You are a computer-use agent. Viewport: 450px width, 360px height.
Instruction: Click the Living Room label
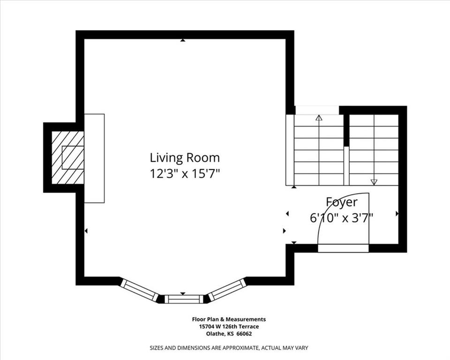pos(185,157)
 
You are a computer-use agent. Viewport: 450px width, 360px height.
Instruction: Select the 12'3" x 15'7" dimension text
pos(185,174)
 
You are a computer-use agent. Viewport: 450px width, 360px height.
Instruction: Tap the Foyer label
pos(342,202)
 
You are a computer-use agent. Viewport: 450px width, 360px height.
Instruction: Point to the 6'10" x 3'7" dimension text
pos(341,218)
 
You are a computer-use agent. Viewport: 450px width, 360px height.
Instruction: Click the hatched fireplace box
pos(67,157)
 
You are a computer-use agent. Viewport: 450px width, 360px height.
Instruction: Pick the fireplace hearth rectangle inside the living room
pos(94,158)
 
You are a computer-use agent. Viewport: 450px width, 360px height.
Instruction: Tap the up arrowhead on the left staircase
pos(319,118)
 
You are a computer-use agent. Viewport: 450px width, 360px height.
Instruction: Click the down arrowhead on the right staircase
pos(374,182)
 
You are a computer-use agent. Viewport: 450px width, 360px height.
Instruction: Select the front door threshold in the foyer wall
pos(343,248)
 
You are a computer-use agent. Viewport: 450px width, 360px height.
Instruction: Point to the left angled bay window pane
pos(140,290)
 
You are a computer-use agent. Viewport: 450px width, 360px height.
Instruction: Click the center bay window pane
pos(184,299)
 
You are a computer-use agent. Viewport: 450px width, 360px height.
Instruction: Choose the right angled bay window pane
pos(227,289)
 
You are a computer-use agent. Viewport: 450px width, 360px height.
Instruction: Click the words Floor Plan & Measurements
pos(229,319)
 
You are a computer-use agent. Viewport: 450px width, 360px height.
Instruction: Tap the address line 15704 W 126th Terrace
pos(229,326)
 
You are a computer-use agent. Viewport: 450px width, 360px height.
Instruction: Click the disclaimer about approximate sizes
pos(229,348)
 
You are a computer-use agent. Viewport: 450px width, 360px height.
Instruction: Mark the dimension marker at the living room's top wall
pos(182,40)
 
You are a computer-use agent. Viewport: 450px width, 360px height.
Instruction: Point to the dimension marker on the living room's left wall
pos(86,231)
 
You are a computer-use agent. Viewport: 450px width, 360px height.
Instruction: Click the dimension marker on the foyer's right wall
pos(397,214)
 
